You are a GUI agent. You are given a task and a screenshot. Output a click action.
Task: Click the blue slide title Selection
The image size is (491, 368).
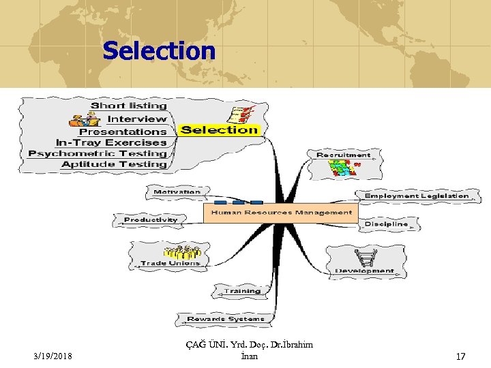coord(159,51)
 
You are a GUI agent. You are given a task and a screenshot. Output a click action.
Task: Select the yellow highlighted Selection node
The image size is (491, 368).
coord(220,129)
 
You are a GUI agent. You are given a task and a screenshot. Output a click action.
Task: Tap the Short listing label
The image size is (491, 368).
coord(129,106)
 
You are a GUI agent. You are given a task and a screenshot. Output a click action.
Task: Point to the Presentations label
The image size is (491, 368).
coord(123,132)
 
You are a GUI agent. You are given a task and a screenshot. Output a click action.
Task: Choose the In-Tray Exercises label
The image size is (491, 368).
coord(111,142)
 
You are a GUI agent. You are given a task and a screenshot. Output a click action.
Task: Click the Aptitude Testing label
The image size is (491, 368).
coord(114,164)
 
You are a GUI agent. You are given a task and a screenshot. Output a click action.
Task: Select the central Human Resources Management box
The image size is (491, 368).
coord(282,213)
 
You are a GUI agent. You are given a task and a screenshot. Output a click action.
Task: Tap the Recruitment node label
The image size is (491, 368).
coord(343,155)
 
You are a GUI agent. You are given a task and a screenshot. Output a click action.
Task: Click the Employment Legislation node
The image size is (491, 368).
coord(417,196)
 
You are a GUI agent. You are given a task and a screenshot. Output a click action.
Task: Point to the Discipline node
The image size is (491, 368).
coord(386,224)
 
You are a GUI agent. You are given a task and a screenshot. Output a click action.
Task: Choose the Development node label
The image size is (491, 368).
coord(364,271)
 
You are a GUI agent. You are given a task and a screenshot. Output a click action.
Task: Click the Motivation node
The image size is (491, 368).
coord(177,192)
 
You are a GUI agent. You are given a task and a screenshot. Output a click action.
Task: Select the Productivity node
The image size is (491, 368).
coord(151,219)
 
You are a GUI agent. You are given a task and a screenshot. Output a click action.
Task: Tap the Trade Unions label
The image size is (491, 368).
coord(170,263)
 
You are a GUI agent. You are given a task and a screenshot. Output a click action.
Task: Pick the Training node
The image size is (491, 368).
coord(243,291)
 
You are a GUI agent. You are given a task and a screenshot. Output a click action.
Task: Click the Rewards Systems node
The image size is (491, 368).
coord(225,318)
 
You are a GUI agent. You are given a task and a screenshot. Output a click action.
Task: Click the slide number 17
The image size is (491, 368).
coord(460,356)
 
